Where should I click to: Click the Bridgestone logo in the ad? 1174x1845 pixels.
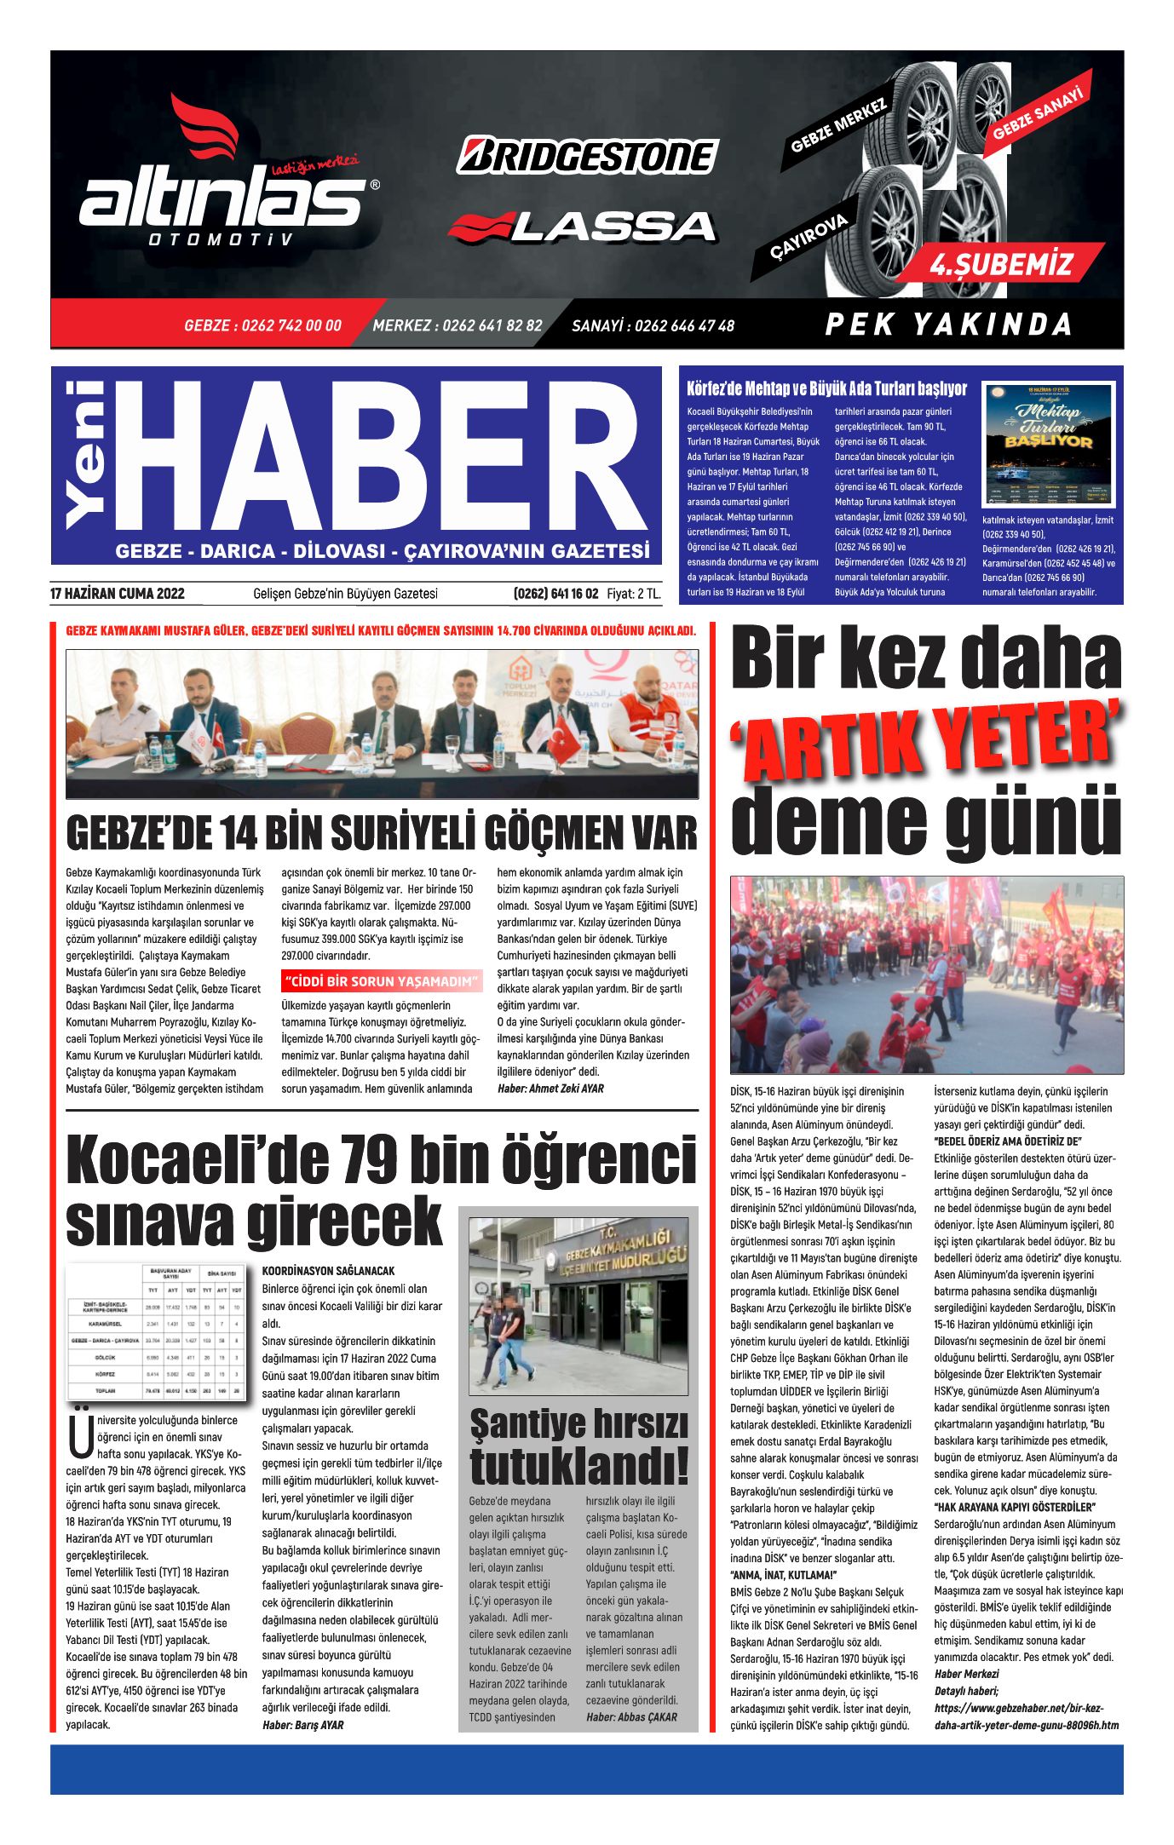[587, 156]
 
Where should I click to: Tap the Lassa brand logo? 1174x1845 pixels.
[583, 226]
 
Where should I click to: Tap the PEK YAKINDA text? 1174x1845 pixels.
[948, 325]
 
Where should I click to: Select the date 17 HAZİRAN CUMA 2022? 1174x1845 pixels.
[118, 594]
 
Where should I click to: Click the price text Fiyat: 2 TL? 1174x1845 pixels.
[634, 594]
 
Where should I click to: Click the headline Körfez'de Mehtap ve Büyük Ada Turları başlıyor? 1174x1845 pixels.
[826, 389]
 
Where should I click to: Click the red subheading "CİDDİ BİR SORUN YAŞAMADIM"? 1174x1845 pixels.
[381, 981]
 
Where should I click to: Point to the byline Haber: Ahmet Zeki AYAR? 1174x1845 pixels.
[550, 1089]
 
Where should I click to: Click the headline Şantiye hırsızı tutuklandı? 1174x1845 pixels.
[578, 1447]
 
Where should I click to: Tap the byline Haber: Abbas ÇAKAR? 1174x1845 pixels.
[631, 1716]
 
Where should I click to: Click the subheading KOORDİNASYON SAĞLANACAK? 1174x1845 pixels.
[328, 1271]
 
